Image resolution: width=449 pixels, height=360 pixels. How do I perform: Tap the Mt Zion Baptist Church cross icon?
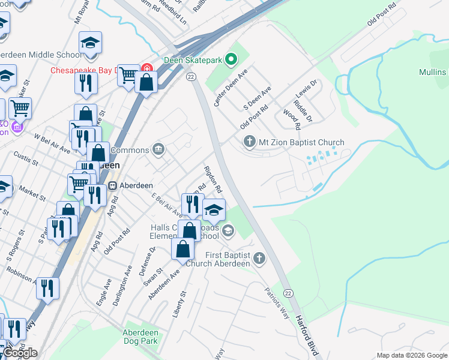pos(249,142)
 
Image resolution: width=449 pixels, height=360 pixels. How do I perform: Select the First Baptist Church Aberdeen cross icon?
pos(259,259)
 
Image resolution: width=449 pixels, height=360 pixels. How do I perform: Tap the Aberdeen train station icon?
pos(112,185)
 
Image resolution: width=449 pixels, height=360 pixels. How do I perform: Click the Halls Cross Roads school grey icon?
pos(228,230)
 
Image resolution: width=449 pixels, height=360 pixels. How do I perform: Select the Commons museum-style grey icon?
pos(158,149)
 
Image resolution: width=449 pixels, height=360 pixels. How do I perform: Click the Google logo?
pos(20,353)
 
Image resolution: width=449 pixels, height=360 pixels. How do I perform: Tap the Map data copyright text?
pos(411,355)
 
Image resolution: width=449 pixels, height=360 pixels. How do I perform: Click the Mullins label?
pos(433,72)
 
